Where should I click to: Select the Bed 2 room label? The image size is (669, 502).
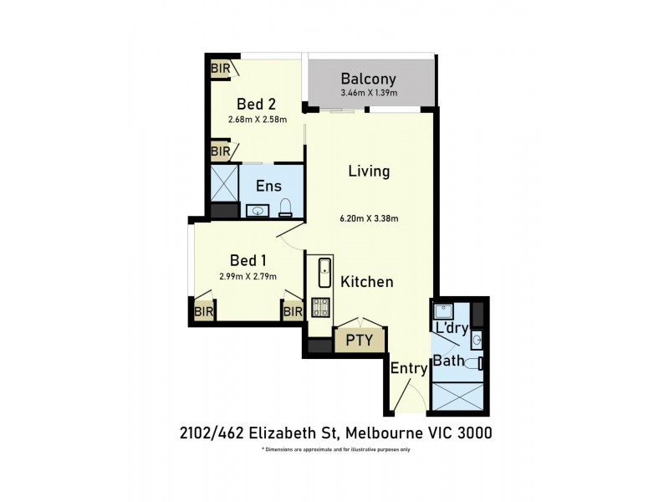pos(257,105)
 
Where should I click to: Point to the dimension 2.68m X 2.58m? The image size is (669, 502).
pos(257,120)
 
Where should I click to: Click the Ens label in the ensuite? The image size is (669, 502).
pos(268,186)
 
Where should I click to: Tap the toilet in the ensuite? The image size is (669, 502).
pos(284,207)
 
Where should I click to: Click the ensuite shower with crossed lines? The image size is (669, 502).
pos(223,182)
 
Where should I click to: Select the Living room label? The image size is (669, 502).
pos(369,172)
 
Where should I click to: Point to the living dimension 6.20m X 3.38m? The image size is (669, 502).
pos(369,219)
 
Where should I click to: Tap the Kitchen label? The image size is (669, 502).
pos(366,282)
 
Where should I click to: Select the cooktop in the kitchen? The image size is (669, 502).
pos(322,307)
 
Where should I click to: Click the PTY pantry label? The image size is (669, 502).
pos(360,341)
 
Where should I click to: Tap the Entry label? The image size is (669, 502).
pos(407,368)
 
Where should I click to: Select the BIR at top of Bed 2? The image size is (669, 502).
pos(221,67)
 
